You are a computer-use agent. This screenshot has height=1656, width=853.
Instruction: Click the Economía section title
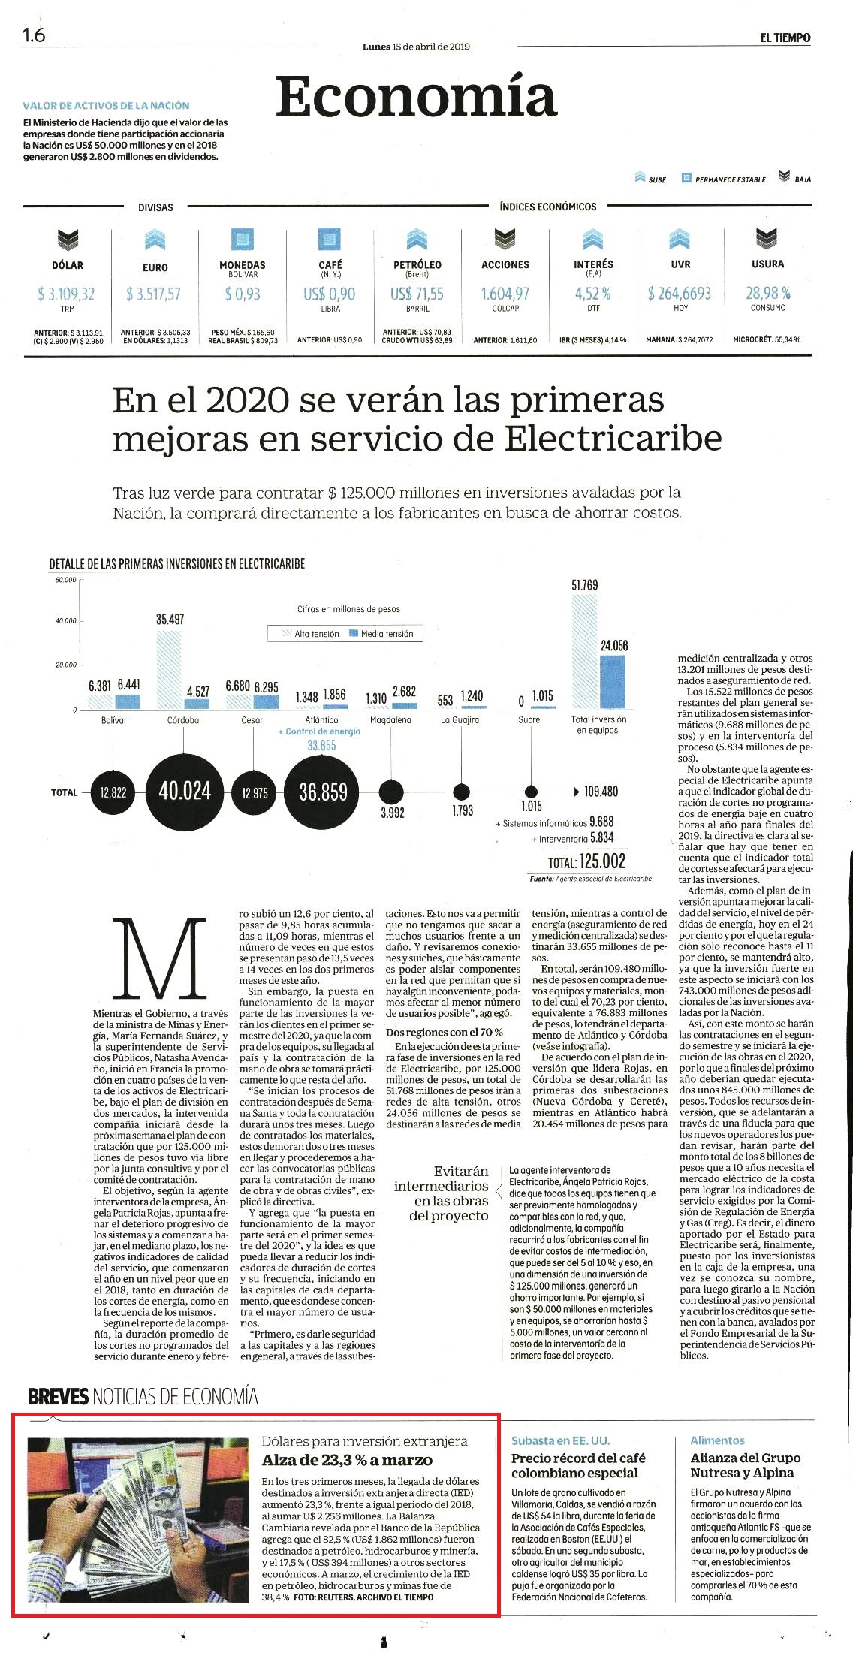pyautogui.click(x=416, y=97)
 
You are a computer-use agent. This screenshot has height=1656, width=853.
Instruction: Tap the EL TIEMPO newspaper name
pyautogui.click(x=785, y=38)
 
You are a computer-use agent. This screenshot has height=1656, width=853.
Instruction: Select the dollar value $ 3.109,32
pyautogui.click(x=66, y=294)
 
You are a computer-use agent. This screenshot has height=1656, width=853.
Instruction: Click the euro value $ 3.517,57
pyautogui.click(x=154, y=294)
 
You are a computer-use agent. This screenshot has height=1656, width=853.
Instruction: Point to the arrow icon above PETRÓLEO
pyautogui.click(x=417, y=240)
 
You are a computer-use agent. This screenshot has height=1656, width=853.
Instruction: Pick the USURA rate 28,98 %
pyautogui.click(x=768, y=292)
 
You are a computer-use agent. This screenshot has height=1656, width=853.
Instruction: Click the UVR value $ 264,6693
pyautogui.click(x=680, y=293)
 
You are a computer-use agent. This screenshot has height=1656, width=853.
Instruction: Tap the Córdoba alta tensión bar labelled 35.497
pyautogui.click(x=169, y=669)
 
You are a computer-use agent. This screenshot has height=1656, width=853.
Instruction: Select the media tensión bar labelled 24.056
pyautogui.click(x=613, y=682)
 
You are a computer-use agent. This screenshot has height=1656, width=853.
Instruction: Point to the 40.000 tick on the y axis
pyautogui.click(x=65, y=621)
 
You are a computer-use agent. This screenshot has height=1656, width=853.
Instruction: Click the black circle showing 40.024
pyautogui.click(x=184, y=792)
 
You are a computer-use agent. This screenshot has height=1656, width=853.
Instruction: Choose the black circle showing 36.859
pyautogui.click(x=323, y=792)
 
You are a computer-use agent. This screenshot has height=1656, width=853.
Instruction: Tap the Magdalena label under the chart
pyautogui.click(x=390, y=719)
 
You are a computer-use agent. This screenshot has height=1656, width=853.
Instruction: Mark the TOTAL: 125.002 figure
pyautogui.click(x=586, y=861)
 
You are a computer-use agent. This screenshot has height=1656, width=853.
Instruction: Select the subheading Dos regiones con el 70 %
pyautogui.click(x=445, y=1032)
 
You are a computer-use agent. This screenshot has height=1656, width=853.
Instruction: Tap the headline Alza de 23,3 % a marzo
pyautogui.click(x=347, y=1460)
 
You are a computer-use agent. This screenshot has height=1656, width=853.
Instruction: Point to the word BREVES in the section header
pyautogui.click(x=58, y=1397)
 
